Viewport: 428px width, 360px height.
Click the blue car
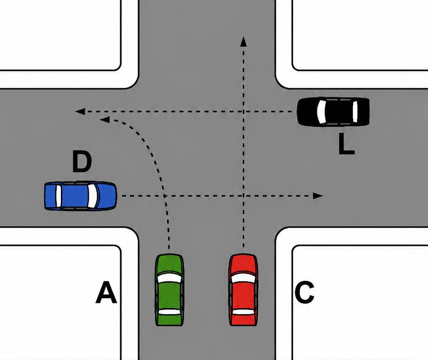point(81,196)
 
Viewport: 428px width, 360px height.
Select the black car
point(333,112)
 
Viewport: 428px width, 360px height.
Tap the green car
point(169,290)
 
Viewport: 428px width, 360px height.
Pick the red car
point(243,290)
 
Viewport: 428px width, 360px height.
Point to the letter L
point(346,144)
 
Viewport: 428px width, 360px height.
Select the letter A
point(106,293)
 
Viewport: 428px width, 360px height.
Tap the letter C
point(305,293)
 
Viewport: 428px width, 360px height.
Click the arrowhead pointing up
point(243,41)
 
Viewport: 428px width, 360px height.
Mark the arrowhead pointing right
point(318,196)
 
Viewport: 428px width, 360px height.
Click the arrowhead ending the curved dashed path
point(105,120)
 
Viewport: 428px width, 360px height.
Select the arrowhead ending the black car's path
point(80,111)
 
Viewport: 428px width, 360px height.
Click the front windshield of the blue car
point(92,196)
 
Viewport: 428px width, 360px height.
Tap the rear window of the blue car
point(58,196)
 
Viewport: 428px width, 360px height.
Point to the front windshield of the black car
point(321,112)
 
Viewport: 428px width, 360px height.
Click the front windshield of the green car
point(169,278)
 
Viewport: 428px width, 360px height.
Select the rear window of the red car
point(243,312)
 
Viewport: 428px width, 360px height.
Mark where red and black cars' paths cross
point(243,111)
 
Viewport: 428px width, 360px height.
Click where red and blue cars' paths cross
point(243,196)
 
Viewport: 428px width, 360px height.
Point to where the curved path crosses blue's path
point(165,196)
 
